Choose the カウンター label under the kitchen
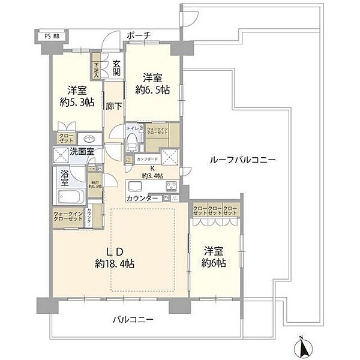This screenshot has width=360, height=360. point(143,197)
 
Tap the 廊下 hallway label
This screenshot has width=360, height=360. point(114,106)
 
